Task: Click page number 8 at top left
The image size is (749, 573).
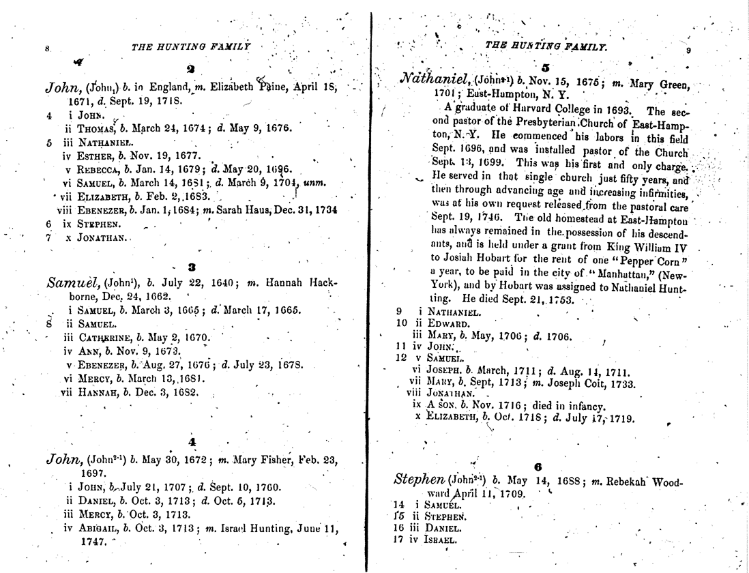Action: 47,48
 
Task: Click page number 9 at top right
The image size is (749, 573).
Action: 688,50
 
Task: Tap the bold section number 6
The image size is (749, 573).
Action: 538,467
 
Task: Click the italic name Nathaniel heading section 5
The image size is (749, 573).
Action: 430,80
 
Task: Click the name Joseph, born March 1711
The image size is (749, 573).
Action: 443,371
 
